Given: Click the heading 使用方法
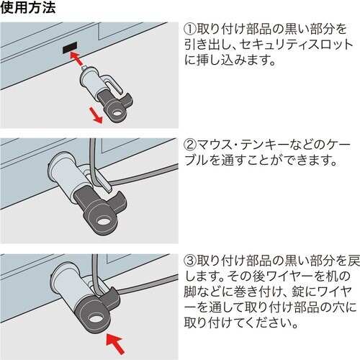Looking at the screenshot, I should click(27, 9).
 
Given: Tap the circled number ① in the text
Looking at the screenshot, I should click(189, 31).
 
